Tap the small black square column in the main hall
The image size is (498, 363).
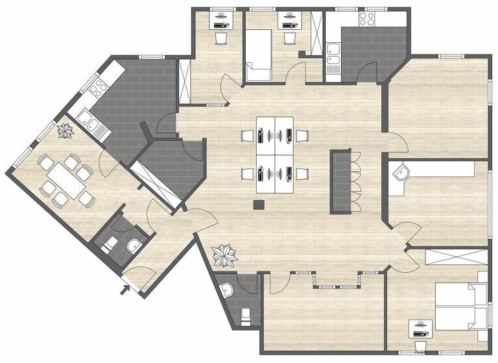(x=259, y=205)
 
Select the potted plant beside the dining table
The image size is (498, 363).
(x=66, y=132)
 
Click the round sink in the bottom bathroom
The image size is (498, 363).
(x=226, y=288)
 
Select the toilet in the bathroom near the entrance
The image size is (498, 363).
(x=109, y=244)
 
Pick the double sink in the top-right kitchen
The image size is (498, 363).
(x=333, y=57)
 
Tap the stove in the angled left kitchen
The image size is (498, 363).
(x=98, y=84)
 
